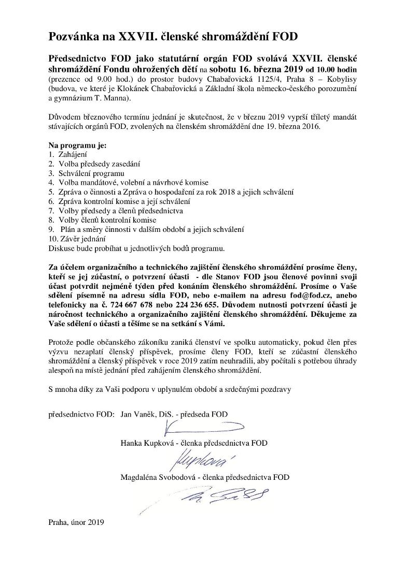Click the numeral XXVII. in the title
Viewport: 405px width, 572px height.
[x=141, y=37]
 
